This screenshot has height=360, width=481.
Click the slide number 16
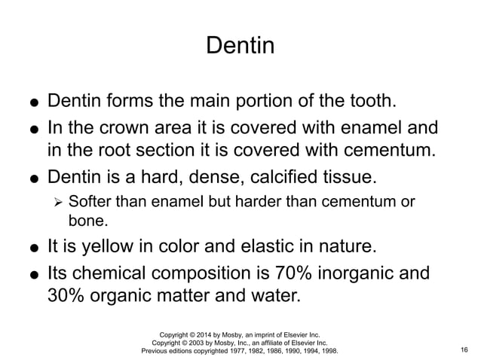[x=463, y=351]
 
